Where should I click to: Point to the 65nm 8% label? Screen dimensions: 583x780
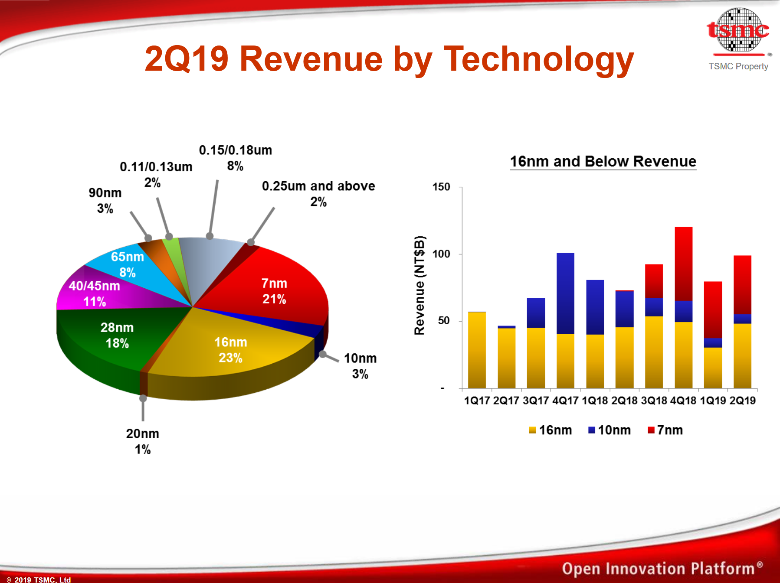click(127, 264)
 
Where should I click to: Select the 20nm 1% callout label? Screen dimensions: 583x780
click(143, 441)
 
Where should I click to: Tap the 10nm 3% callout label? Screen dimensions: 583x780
click(360, 366)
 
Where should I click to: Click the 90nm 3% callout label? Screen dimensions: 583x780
click(105, 200)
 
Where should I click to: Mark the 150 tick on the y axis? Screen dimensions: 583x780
click(441, 187)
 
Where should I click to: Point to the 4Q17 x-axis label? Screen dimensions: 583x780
click(565, 401)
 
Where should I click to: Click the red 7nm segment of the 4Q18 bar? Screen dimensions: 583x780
click(683, 262)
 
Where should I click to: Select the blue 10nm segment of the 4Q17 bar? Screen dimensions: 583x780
click(565, 293)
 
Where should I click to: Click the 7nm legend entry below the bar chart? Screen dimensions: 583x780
click(665, 430)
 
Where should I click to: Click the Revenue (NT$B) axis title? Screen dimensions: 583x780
click(419, 285)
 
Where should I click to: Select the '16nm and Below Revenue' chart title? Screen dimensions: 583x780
click(603, 161)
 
